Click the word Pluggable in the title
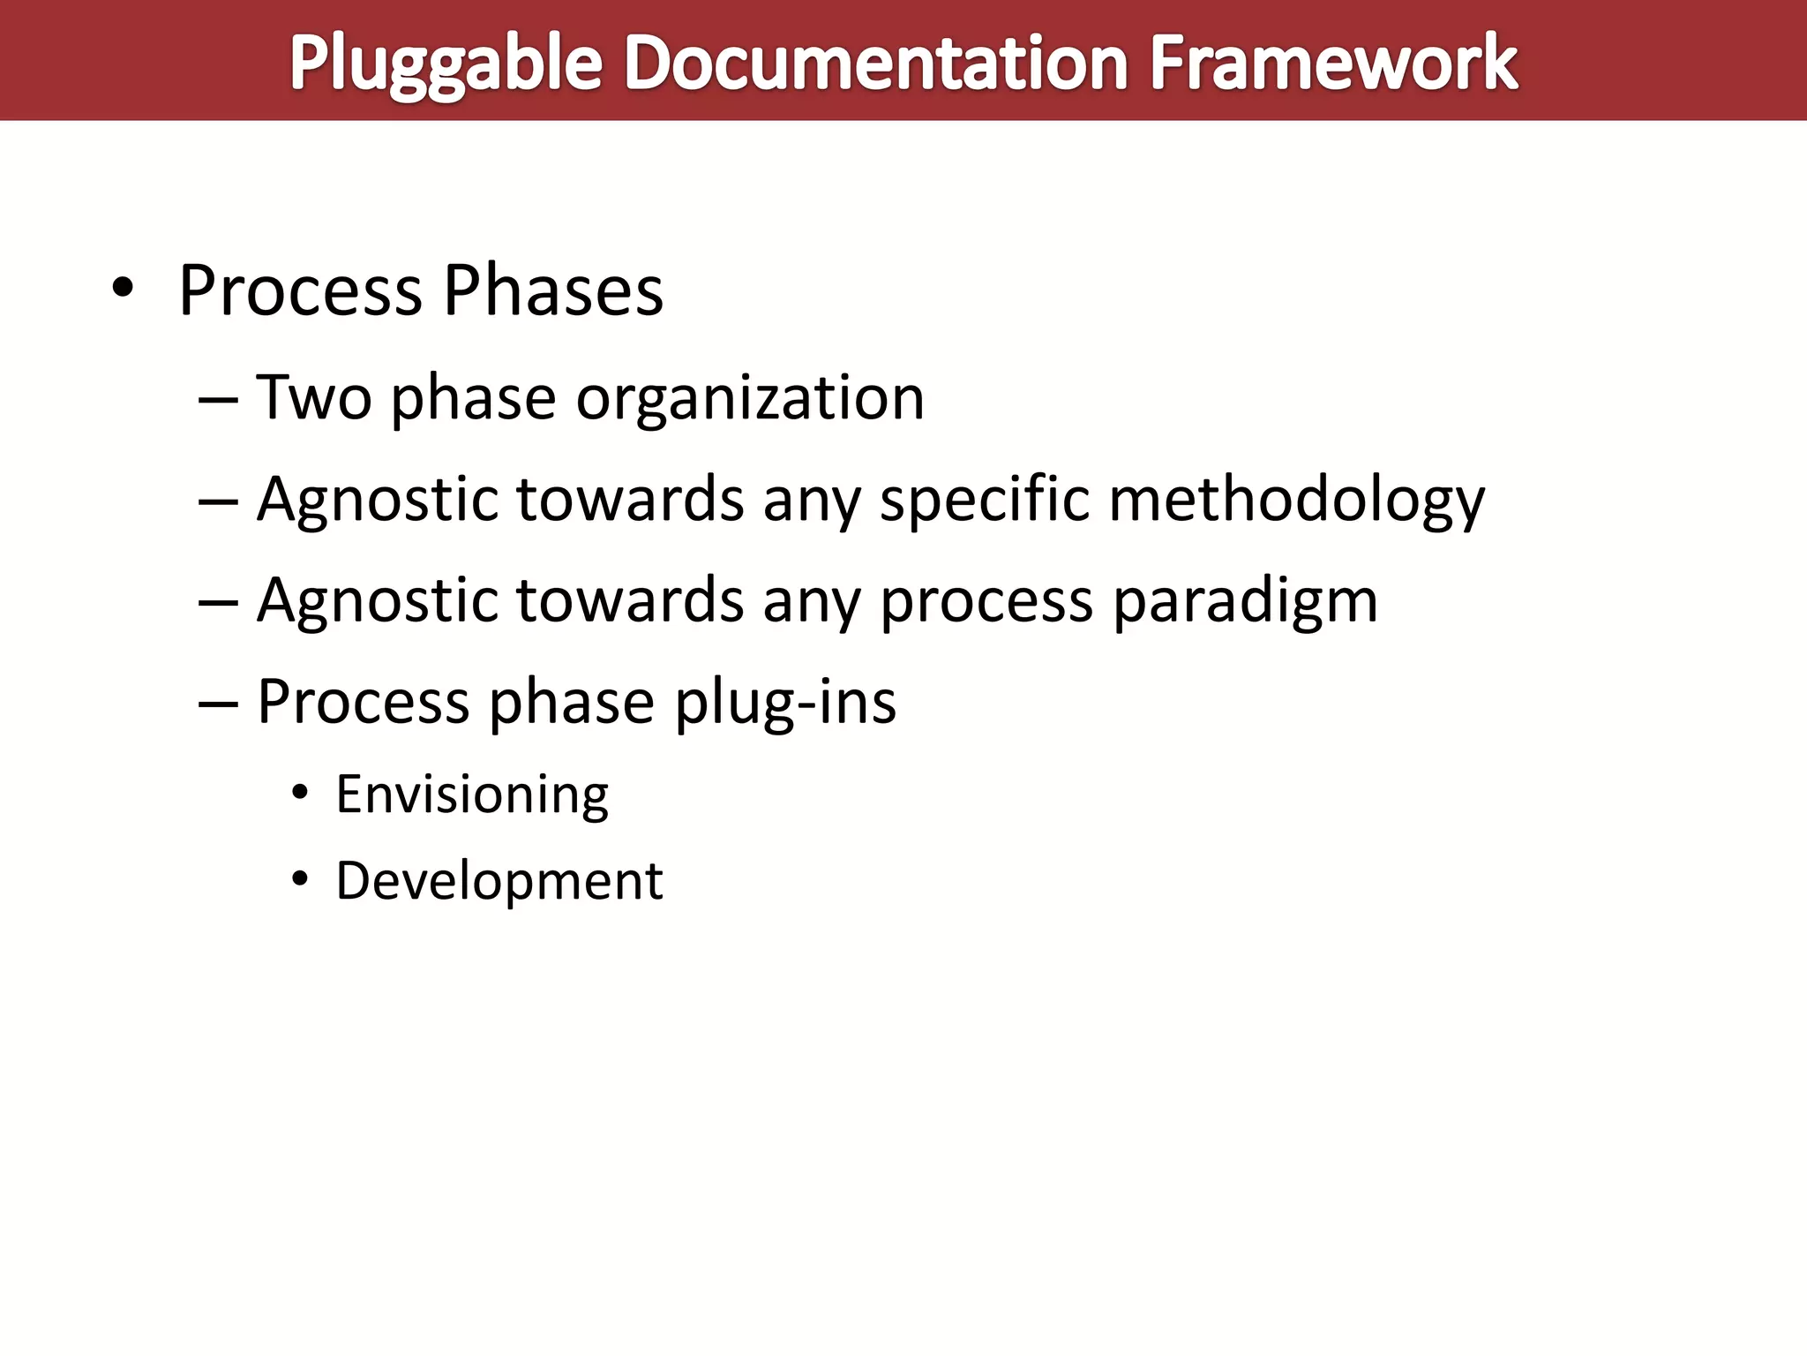[446, 64]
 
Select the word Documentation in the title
[876, 64]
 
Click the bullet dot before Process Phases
[123, 289]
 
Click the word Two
[314, 397]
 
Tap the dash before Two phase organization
[219, 399]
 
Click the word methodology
[1296, 501]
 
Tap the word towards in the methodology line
[630, 500]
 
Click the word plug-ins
[785, 703]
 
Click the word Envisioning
[472, 795]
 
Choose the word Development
[499, 881]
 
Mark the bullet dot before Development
[301, 879]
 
